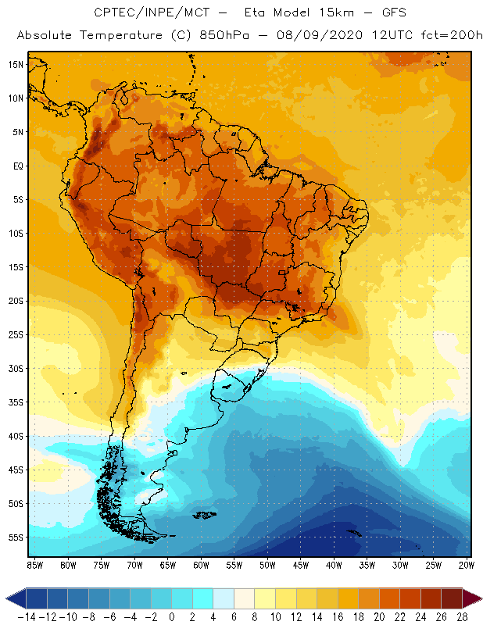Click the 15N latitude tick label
pyautogui.click(x=16, y=64)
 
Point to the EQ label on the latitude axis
pyautogui.click(x=16, y=166)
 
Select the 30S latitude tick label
pyautogui.click(x=16, y=368)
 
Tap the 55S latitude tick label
pyautogui.click(x=16, y=537)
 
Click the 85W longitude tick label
pyautogui.click(x=34, y=565)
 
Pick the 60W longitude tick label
pyautogui.click(x=201, y=565)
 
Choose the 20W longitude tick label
pyautogui.click(x=467, y=565)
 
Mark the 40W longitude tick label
pyautogui.click(x=334, y=565)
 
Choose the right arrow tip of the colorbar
pyautogui.click(x=476, y=598)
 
